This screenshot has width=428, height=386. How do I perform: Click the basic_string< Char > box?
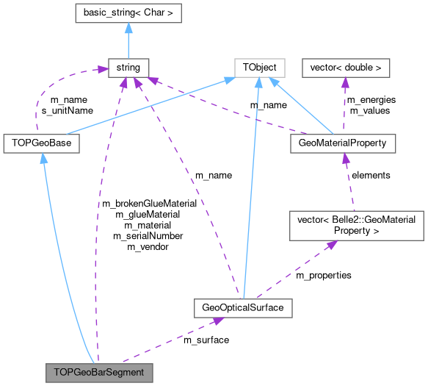coord(128,13)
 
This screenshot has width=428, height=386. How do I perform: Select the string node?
coord(128,68)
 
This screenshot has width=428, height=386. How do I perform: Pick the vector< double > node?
coord(346,68)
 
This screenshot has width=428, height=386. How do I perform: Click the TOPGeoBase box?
coord(41,143)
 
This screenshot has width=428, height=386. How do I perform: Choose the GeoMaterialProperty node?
coord(343,143)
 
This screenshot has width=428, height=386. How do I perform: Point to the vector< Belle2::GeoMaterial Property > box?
coord(356,226)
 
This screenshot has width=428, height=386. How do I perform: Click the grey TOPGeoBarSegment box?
coord(99,372)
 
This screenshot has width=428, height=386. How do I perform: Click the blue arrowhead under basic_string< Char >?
coord(128,28)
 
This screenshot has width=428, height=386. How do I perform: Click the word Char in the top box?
coord(160,13)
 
